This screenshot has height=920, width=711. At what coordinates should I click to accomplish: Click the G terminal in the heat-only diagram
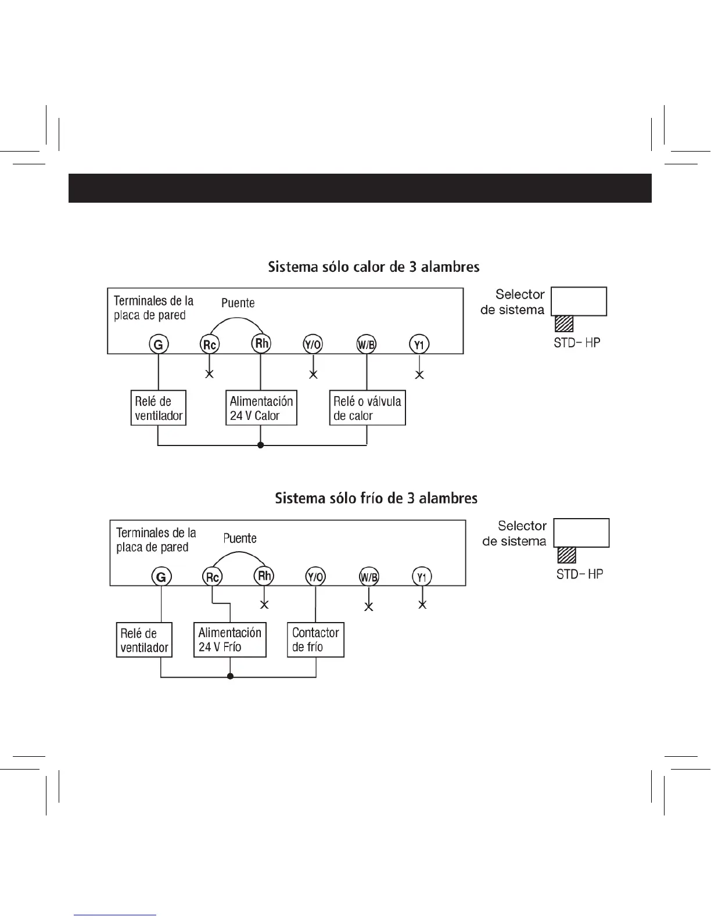click(x=158, y=344)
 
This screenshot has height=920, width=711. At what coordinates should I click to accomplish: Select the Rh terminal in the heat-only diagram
click(x=261, y=343)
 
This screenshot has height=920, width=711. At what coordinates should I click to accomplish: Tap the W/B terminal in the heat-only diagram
click(x=366, y=344)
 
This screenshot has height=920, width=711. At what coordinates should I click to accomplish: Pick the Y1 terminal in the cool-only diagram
click(x=422, y=577)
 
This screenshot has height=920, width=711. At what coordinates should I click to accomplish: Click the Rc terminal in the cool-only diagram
click(x=212, y=577)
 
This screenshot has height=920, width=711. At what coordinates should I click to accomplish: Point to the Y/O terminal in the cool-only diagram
click(x=315, y=577)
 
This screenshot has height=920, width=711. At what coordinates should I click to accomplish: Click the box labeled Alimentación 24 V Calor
click(x=261, y=408)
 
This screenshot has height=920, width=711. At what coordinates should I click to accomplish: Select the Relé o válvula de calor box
click(x=367, y=408)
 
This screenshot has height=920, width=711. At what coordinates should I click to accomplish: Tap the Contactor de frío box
click(x=315, y=639)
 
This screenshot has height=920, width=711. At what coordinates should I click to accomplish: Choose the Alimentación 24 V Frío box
click(x=229, y=639)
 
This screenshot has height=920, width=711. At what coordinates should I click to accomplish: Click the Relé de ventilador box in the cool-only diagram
click(x=144, y=639)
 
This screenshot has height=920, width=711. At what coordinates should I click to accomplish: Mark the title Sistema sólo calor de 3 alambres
click(x=374, y=267)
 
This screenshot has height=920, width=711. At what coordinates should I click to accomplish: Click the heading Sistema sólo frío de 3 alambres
click(x=376, y=498)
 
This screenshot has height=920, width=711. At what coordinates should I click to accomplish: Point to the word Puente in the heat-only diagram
click(x=238, y=303)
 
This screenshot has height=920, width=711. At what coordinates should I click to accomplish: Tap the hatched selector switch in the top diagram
click(x=564, y=323)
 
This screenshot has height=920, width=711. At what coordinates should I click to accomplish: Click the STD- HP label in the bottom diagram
click(x=579, y=574)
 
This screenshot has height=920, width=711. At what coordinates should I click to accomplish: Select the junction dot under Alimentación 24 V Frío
click(x=230, y=677)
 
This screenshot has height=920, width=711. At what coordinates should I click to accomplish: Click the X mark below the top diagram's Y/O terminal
click(x=313, y=374)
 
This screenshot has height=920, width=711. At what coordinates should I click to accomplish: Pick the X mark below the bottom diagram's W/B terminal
click(x=368, y=606)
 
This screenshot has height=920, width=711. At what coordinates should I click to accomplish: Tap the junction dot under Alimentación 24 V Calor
click(x=261, y=445)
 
